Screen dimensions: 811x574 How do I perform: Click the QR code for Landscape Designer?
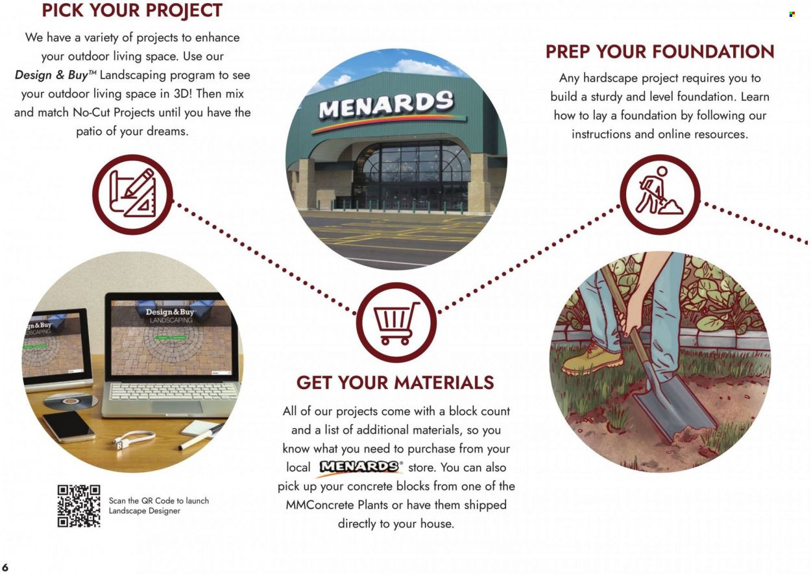tap(79, 506)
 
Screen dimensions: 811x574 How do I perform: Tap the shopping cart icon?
tap(396, 322)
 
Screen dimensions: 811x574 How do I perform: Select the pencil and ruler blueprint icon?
tap(132, 195)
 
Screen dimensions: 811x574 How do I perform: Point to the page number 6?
tap(5, 567)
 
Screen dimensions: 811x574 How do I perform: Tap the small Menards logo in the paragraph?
tap(360, 466)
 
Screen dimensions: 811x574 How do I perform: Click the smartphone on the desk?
tap(69, 426)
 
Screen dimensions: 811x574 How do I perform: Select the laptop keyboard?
tap(173, 391)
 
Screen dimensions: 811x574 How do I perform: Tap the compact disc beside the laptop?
tap(71, 401)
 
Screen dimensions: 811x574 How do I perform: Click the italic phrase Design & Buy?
tap(51, 75)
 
